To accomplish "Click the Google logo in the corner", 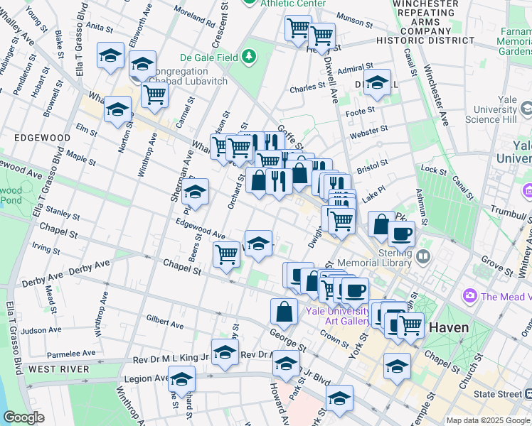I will pyautogui.click(x=23, y=417).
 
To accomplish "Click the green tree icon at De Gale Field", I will pyautogui.click(x=249, y=55).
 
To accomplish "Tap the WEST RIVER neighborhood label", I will pyautogui.click(x=59, y=369).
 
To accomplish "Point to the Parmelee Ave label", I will pyautogui.click(x=70, y=353).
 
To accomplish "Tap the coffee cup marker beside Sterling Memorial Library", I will pyautogui.click(x=401, y=234).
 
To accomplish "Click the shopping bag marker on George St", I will pyautogui.click(x=284, y=311).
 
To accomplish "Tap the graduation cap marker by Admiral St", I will pyautogui.click(x=377, y=82).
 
